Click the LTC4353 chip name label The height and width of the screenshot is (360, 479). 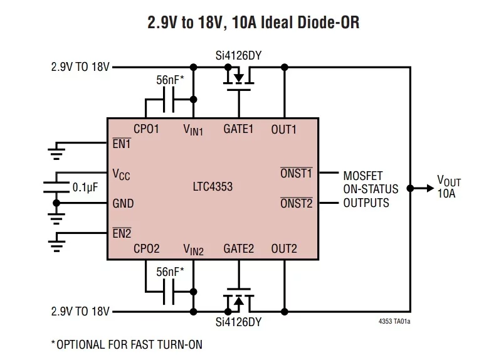coord(213,186)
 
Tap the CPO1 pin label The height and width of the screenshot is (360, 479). coord(146,129)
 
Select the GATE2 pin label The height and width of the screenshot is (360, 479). coord(239,249)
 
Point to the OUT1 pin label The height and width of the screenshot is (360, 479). coord(284,130)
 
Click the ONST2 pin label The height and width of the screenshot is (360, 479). coord(297,203)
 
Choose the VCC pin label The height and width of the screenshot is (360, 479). coord(121,174)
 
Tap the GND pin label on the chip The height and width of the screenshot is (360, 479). coord(123,204)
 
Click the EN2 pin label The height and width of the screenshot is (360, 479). coord(122,233)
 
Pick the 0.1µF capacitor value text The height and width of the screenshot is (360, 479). coord(85,187)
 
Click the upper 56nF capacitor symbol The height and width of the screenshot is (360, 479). coord(169,100)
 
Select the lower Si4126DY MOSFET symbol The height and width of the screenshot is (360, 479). coord(239,300)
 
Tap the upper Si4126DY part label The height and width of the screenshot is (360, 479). coord(239,56)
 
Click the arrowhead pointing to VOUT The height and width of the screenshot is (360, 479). coord(430,188)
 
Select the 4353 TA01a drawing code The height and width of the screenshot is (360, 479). coord(394,321)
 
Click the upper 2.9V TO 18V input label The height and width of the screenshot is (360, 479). coord(80,67)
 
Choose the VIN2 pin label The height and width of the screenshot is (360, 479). coord(193,250)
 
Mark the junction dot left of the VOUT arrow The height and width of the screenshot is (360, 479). coord(410,188)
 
